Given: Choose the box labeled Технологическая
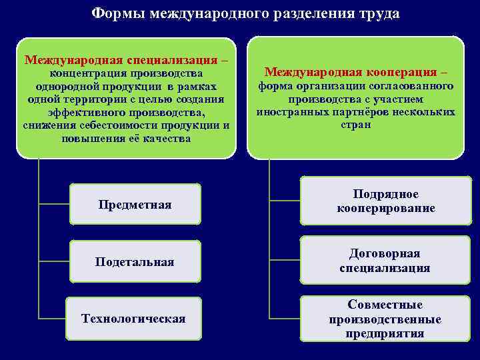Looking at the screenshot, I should pos(133,318).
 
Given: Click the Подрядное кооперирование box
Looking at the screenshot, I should pos(385,201).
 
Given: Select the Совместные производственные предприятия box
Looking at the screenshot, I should pos(385,319).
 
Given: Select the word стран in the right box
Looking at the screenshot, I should pos(355,125).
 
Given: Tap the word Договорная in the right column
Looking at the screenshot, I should pos(385,254).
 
